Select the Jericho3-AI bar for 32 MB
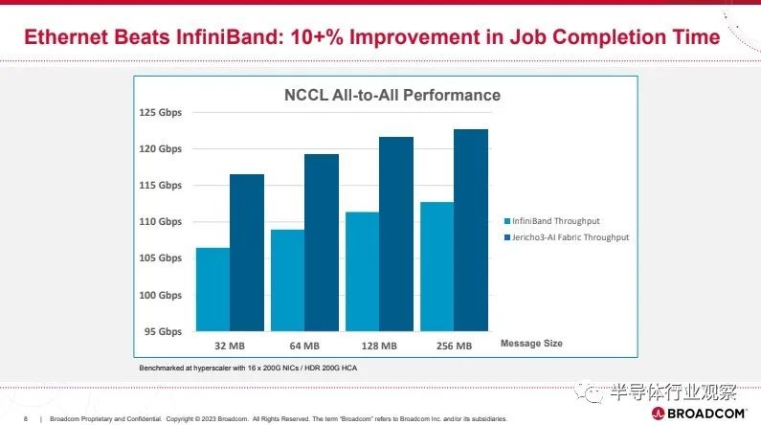(x=247, y=253)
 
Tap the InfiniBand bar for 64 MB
(x=288, y=280)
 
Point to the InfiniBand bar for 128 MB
(x=363, y=272)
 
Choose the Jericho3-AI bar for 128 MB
(x=396, y=234)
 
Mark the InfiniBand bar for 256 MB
(x=437, y=267)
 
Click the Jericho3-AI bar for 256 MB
(x=471, y=230)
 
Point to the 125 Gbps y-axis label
(x=162, y=113)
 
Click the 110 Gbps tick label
(x=162, y=222)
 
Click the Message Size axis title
(x=531, y=343)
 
